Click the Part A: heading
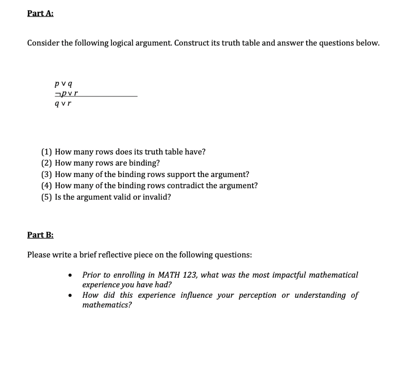coord(40,13)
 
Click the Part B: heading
coord(40,235)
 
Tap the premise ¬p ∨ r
coord(66,94)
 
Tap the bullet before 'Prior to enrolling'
coord(70,276)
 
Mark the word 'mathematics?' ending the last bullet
coord(107,305)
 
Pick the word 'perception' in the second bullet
coord(257,295)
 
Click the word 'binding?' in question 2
coord(144,163)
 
